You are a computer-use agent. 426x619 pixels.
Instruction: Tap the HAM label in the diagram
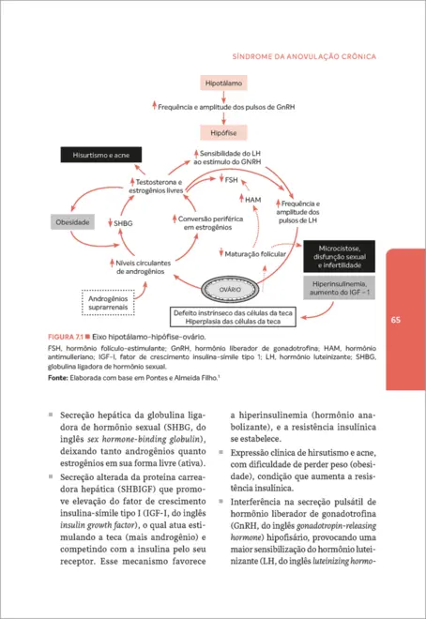point(252,199)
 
